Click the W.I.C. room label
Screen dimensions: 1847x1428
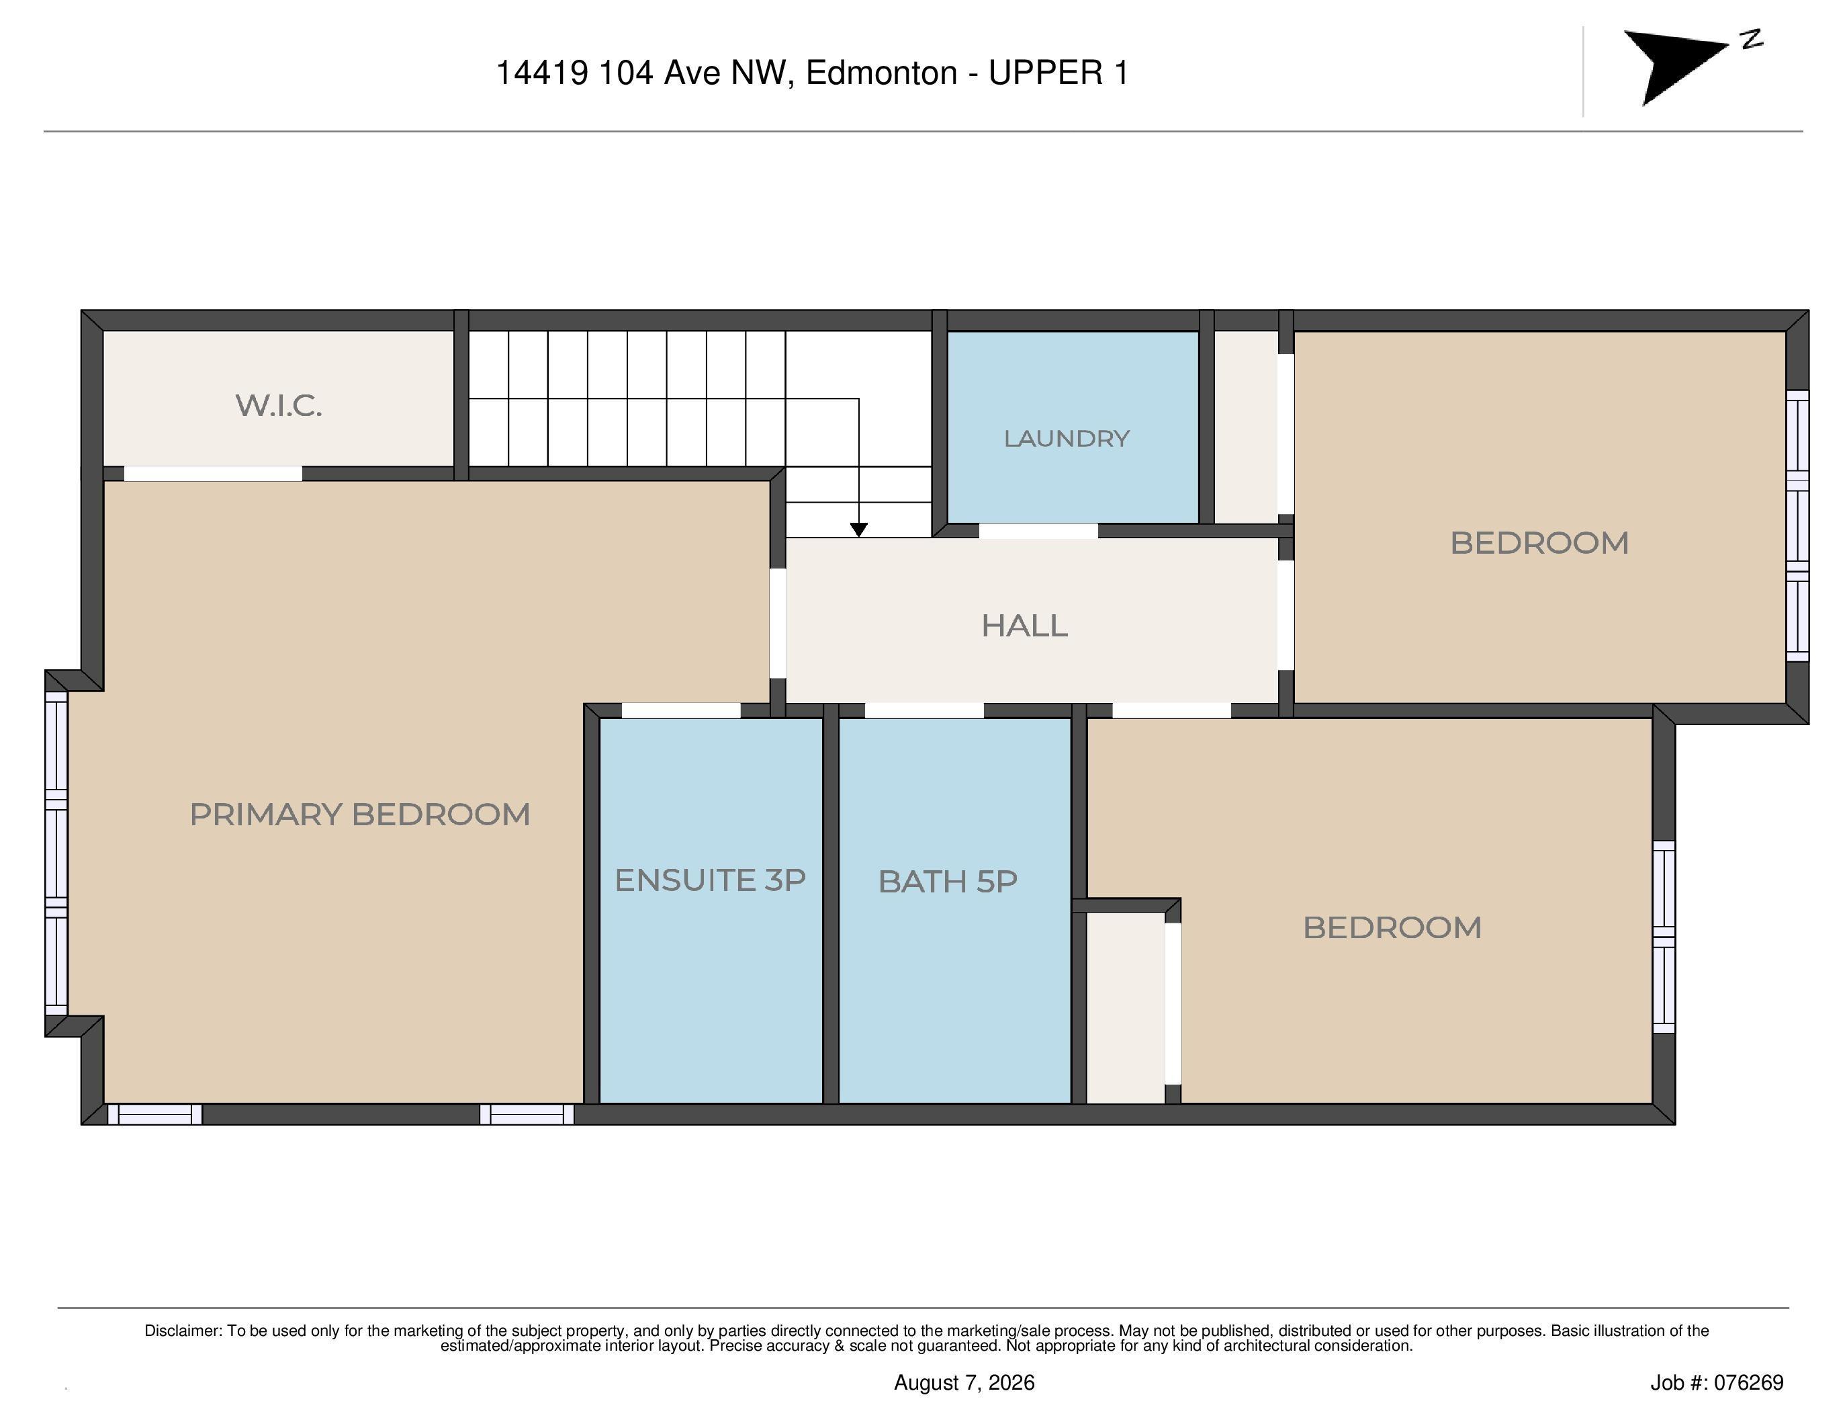(x=279, y=405)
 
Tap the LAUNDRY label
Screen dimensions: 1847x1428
(x=1067, y=438)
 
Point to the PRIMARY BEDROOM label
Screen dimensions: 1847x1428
(x=359, y=814)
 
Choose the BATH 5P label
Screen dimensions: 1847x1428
(x=947, y=882)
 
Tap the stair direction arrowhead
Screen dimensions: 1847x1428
(x=858, y=530)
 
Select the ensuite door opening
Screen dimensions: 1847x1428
(x=681, y=710)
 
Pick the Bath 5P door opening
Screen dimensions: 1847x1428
(x=924, y=710)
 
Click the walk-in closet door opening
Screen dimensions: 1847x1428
(x=213, y=473)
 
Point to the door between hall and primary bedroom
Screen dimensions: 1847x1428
(x=777, y=623)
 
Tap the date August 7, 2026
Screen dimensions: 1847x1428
(x=964, y=1382)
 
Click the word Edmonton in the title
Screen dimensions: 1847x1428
(x=881, y=73)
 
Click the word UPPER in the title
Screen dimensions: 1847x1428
(x=1046, y=73)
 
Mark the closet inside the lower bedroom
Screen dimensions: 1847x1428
(x=1126, y=1007)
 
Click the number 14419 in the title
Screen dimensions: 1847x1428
(x=542, y=73)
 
